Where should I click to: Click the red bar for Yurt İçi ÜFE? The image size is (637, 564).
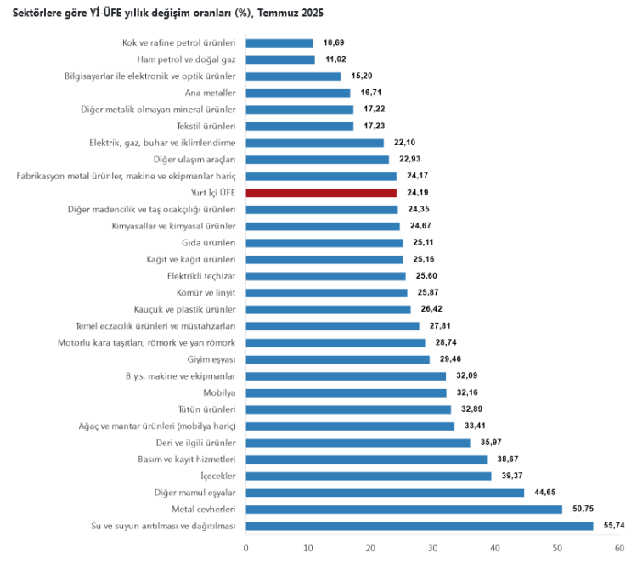(x=321, y=193)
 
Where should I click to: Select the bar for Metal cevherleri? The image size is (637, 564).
(x=403, y=510)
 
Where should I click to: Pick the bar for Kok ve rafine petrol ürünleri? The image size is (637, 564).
(x=279, y=42)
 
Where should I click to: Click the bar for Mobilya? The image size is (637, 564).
(x=346, y=392)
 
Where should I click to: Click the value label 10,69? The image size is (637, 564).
(x=334, y=42)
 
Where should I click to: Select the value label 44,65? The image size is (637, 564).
(x=545, y=493)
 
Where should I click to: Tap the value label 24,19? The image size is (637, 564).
(x=418, y=193)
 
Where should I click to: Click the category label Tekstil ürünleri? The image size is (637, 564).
(x=211, y=126)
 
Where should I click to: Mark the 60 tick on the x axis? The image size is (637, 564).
(x=619, y=548)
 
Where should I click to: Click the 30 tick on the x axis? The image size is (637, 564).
(x=432, y=548)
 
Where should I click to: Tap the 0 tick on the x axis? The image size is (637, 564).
(x=245, y=548)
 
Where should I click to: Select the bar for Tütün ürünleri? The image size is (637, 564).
(x=348, y=409)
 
